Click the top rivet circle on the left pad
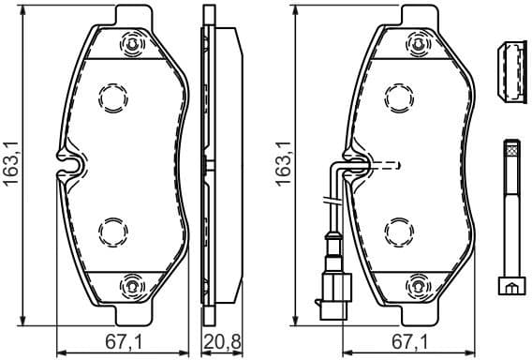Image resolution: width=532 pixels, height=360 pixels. [131, 44]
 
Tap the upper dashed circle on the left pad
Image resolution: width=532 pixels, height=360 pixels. [112, 97]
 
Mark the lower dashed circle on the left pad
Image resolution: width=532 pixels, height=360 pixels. [112, 230]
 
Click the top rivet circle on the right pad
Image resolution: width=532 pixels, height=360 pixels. [418, 44]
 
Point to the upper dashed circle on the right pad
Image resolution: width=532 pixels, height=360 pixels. [399, 97]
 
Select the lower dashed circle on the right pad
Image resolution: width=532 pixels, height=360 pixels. [399, 230]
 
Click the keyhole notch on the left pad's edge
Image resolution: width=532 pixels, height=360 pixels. [72, 163]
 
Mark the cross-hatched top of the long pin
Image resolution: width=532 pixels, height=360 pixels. [510, 147]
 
